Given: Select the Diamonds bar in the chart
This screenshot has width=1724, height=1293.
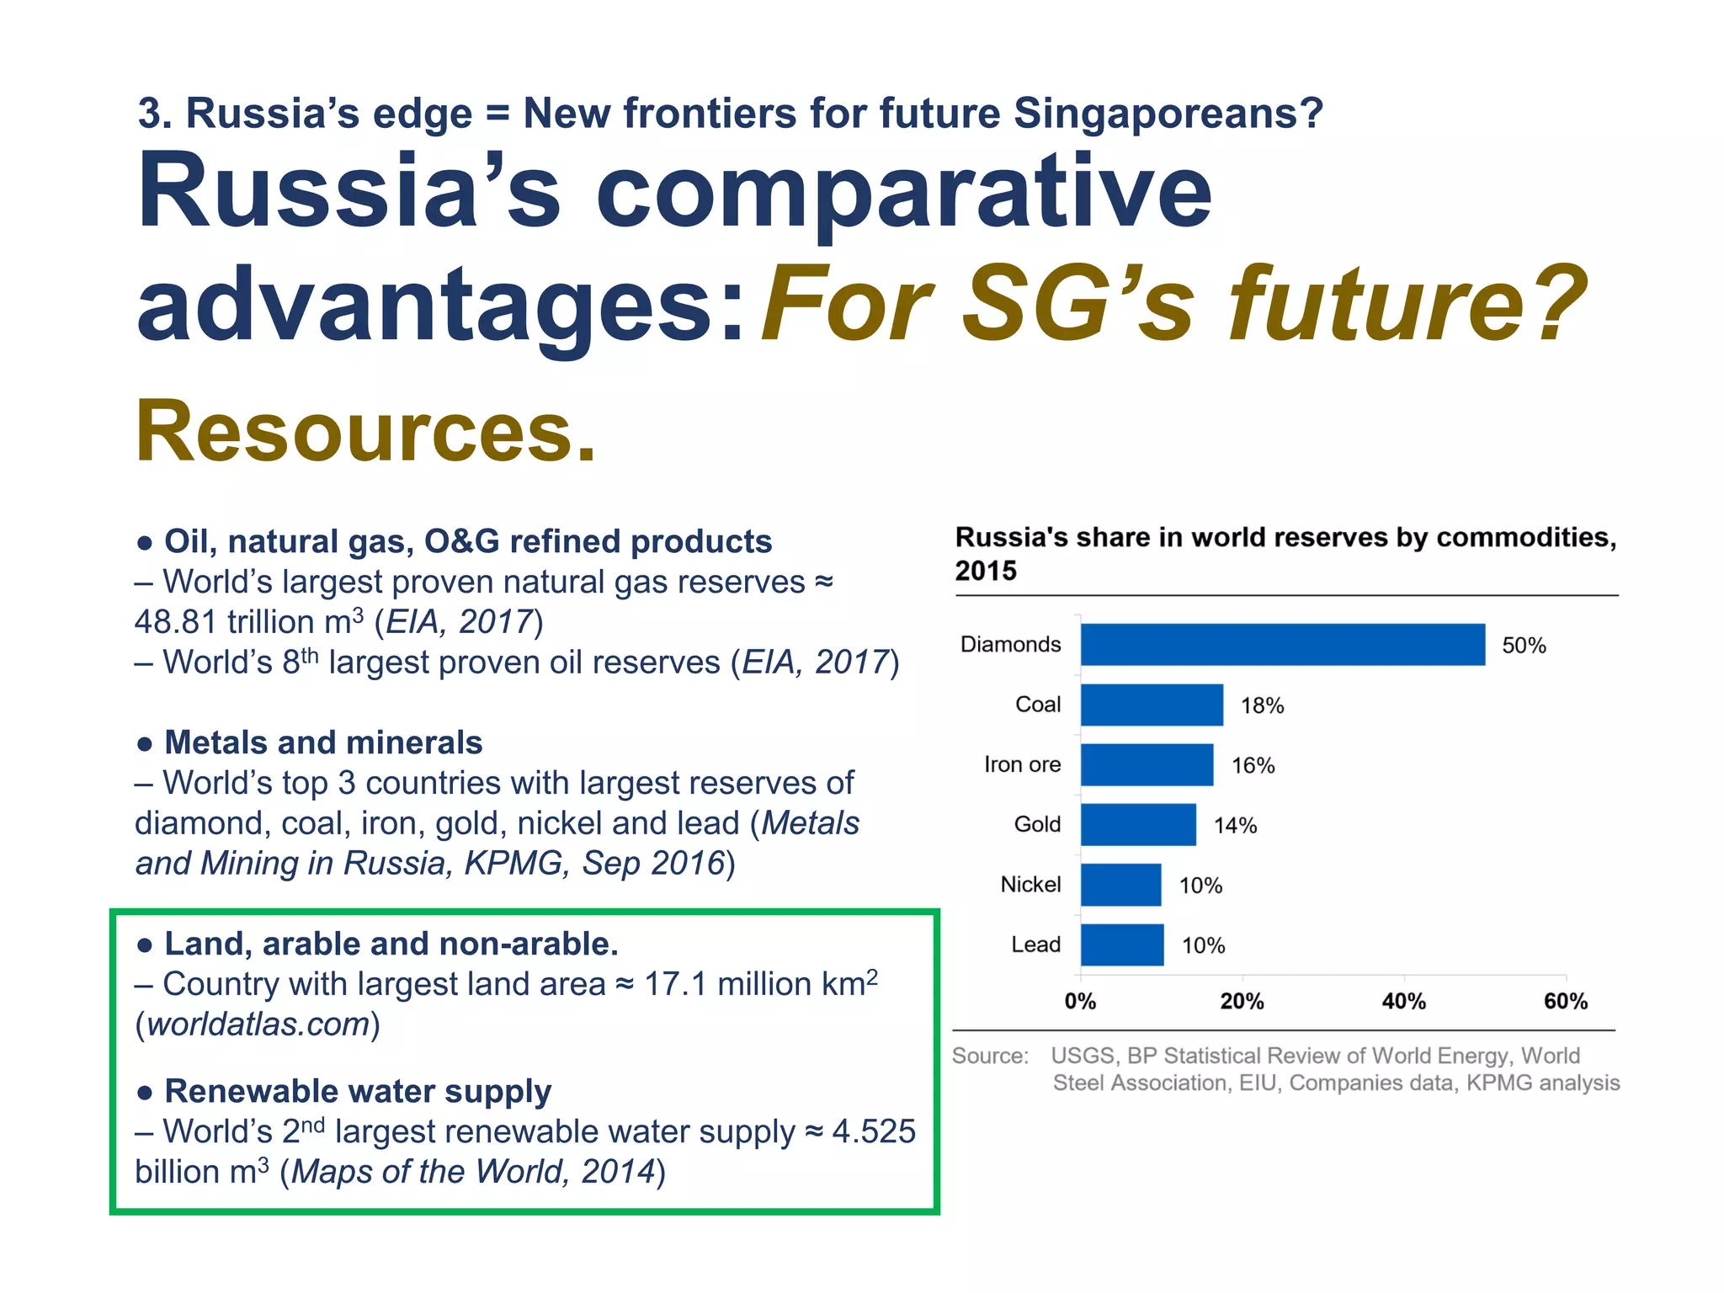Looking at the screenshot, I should click(x=1282, y=645).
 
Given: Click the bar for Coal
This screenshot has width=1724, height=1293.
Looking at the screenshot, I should click(x=1152, y=705).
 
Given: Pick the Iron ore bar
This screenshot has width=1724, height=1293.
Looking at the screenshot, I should click(x=1147, y=764).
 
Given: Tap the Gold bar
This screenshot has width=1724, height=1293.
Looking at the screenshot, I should click(x=1138, y=825).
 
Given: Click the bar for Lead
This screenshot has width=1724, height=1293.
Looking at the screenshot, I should click(x=1122, y=944).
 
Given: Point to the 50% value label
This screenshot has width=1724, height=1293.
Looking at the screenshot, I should click(x=1524, y=646).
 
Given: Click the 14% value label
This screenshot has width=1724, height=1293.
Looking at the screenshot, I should click(x=1235, y=826).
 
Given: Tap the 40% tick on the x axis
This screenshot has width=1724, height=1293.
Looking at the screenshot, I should click(x=1403, y=1002).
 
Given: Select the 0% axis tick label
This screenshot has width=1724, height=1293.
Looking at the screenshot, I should click(x=1080, y=1002).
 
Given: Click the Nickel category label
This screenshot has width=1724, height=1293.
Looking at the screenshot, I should click(x=1030, y=885).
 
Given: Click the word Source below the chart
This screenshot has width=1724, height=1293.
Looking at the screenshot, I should click(x=990, y=1056).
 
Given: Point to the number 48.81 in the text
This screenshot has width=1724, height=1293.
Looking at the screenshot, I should click(x=175, y=622).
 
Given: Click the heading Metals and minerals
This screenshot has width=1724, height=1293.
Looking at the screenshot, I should click(x=323, y=742).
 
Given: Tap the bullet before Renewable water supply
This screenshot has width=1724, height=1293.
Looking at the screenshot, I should click(x=145, y=1093).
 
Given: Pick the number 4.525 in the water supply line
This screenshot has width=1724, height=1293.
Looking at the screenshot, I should click(x=873, y=1131).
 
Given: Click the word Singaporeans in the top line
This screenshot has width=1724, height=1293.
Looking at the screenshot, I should click(x=1168, y=114).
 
